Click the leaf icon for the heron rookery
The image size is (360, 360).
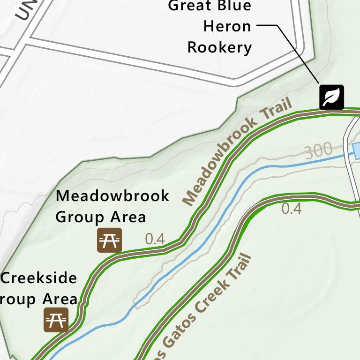point(332,97)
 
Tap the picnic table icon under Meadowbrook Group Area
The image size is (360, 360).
point(110,240)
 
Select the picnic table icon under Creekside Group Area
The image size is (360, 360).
point(56,320)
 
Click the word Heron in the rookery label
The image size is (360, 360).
point(227,26)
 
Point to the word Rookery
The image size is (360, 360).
point(220,47)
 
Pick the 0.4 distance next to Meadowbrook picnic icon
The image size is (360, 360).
point(155,239)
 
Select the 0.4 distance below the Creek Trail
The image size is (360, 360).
point(292,209)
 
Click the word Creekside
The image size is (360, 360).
point(39,278)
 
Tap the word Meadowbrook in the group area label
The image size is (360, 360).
point(112,195)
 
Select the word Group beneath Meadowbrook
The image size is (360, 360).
point(80,217)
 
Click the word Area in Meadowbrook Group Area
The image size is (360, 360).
point(128,217)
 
